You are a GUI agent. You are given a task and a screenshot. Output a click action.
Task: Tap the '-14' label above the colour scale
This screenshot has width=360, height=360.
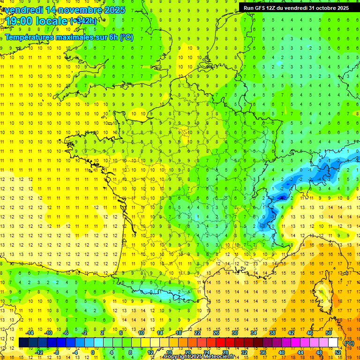[30, 333]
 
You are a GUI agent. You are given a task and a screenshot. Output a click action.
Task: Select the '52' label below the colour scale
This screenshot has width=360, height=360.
[338, 352]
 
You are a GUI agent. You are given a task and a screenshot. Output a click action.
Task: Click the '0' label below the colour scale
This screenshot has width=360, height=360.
[93, 352]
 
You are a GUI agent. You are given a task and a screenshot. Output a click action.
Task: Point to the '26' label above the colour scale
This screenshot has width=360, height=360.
[216, 333]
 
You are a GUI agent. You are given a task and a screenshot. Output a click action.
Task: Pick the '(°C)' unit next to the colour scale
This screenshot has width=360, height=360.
[349, 343]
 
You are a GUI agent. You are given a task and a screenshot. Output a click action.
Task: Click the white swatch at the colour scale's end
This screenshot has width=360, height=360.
[333, 343]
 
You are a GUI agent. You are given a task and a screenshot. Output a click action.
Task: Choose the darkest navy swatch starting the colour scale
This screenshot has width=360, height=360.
[23, 343]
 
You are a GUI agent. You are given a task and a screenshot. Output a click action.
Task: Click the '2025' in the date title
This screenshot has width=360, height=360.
[115, 9]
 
